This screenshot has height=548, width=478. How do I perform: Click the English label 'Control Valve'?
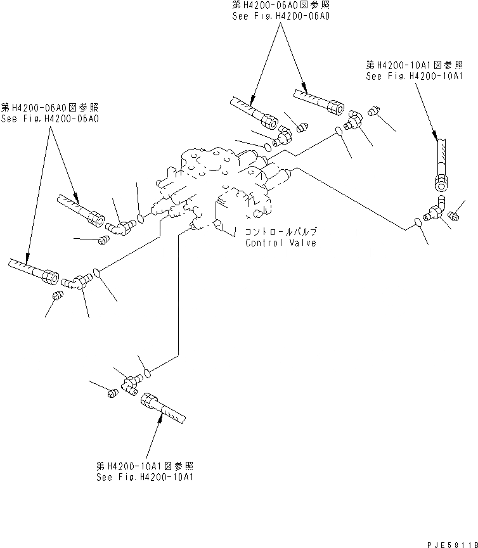point(280,243)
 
